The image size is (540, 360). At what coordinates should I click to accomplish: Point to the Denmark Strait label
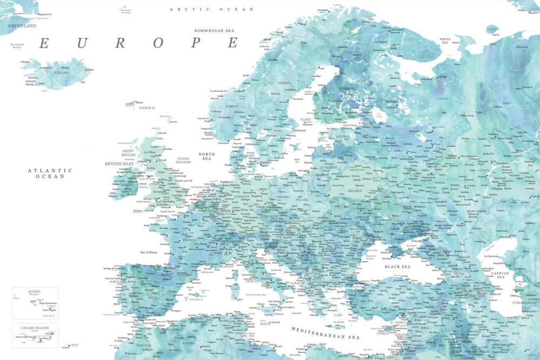tap(19, 46)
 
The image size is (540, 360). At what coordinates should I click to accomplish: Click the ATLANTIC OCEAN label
tap(50, 173)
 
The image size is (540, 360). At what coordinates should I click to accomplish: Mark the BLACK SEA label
tap(397, 267)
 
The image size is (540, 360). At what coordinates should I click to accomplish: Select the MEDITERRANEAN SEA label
tap(325, 332)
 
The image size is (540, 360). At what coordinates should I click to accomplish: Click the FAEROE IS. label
tap(146, 107)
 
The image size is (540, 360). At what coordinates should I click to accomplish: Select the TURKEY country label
tap(412, 297)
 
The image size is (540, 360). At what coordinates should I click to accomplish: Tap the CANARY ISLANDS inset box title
tap(35, 327)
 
